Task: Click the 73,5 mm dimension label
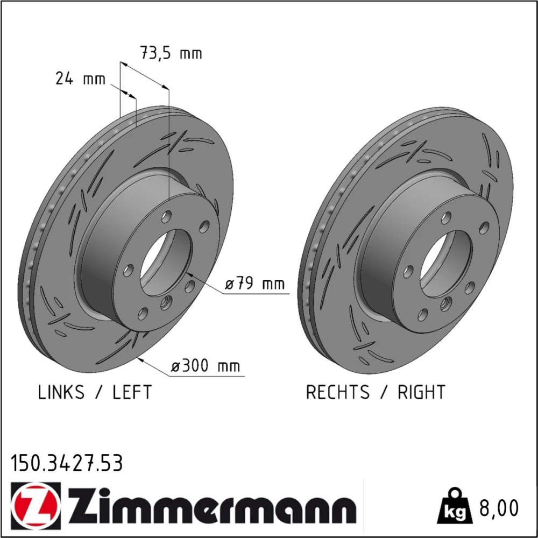pyautogui.click(x=171, y=53)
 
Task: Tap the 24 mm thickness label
pyautogui.click(x=80, y=79)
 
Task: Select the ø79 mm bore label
pyautogui.click(x=254, y=284)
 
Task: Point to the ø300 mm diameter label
pyautogui.click(x=206, y=366)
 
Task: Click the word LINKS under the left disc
pyautogui.click(x=61, y=392)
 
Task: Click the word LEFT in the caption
pyautogui.click(x=132, y=392)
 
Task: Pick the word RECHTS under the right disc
pyautogui.click(x=338, y=392)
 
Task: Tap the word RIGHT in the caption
pyautogui.click(x=421, y=392)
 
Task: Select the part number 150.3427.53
pyautogui.click(x=67, y=463)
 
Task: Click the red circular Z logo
pyautogui.click(x=36, y=505)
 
